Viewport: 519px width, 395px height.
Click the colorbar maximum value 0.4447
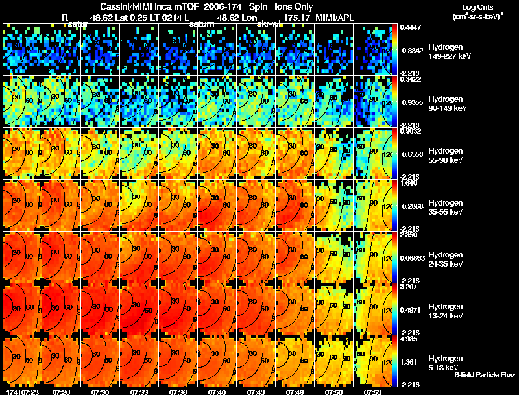click(410, 27)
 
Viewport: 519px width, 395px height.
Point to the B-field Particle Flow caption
click(485, 376)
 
